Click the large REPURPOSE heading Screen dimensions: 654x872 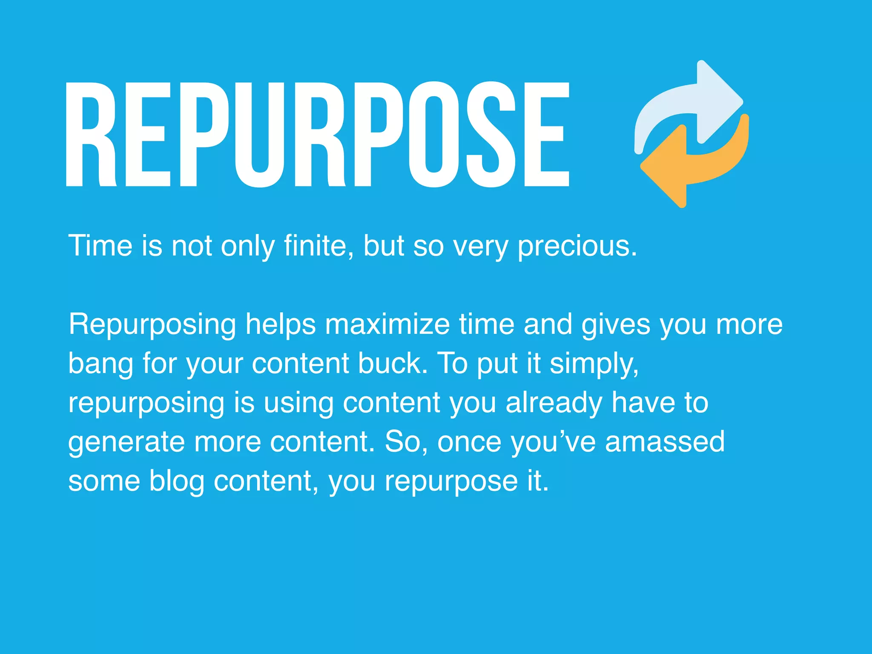pyautogui.click(x=317, y=135)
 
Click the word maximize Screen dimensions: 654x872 pyautogui.click(x=387, y=324)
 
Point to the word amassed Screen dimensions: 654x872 pyautogui.click(x=665, y=442)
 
